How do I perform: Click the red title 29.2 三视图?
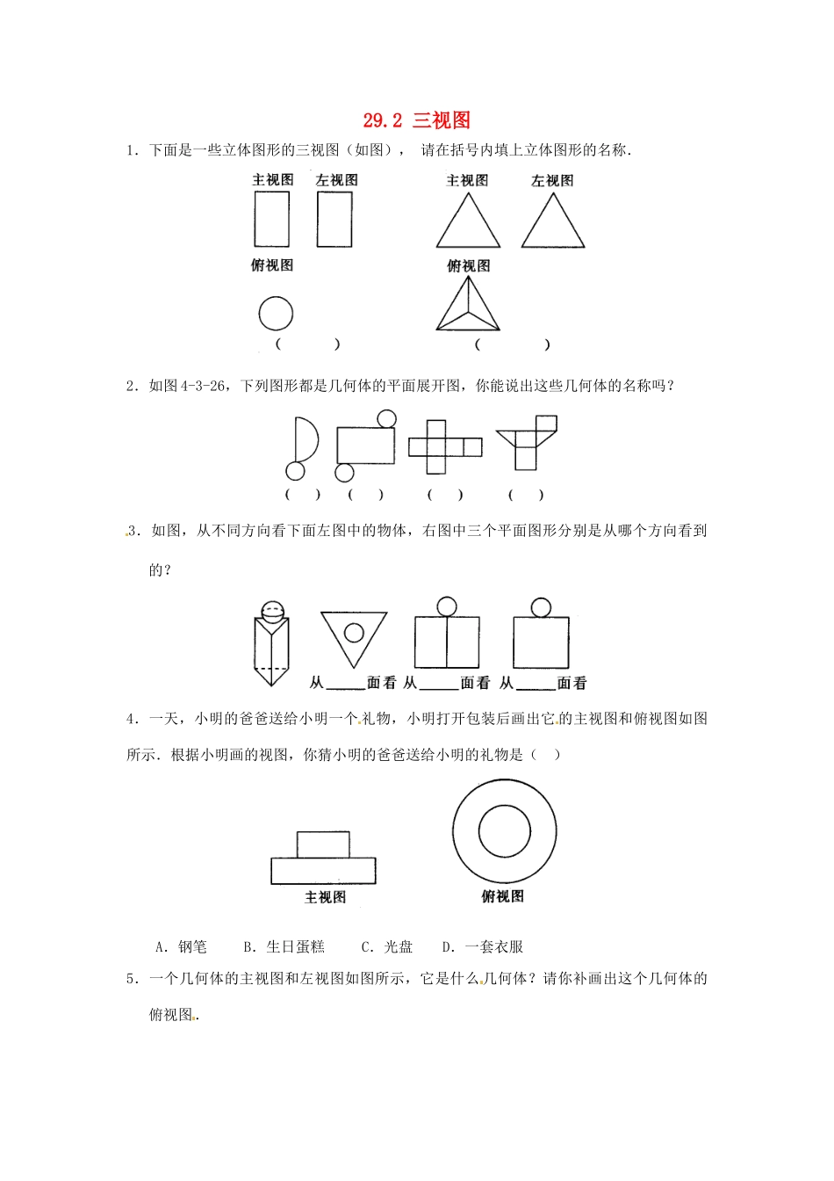(417, 120)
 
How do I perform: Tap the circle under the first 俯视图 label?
(276, 314)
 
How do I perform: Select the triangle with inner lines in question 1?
(468, 306)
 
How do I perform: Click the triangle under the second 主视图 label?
(468, 222)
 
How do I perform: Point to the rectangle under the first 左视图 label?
(334, 220)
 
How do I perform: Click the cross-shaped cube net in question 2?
(444, 446)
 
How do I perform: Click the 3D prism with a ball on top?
(271, 644)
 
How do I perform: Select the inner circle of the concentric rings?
(504, 830)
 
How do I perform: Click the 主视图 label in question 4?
(325, 897)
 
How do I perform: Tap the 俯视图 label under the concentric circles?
(502, 896)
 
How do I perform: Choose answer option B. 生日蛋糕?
(284, 946)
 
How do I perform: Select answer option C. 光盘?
(387, 946)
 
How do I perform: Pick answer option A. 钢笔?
(182, 946)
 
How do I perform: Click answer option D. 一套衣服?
(483, 946)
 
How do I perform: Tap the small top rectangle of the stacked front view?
(323, 844)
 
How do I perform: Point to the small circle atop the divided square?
(446, 606)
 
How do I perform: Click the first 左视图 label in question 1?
(336, 180)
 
